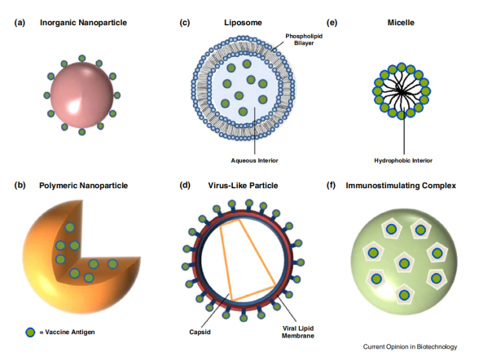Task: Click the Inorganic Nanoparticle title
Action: pos(83,23)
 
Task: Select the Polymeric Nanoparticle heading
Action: pos(83,186)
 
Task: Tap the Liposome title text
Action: pos(243,23)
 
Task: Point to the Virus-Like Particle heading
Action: pos(243,186)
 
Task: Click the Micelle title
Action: pos(401,23)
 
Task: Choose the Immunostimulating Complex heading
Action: pos(401,186)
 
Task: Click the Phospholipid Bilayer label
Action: pos(304,39)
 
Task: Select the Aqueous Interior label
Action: pos(254,161)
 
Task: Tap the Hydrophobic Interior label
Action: pos(403,161)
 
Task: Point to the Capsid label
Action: pos(200,332)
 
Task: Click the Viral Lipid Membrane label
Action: pos(298,332)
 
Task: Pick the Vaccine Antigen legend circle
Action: pos(30,332)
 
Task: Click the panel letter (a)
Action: pos(20,23)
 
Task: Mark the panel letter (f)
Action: pos(332,186)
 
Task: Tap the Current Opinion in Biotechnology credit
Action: pos(410,347)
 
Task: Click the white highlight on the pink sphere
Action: pos(74,107)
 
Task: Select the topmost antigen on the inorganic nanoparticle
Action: pos(82,59)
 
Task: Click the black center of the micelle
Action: pos(401,91)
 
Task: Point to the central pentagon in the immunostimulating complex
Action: pos(404,263)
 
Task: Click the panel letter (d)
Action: pos(185,186)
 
